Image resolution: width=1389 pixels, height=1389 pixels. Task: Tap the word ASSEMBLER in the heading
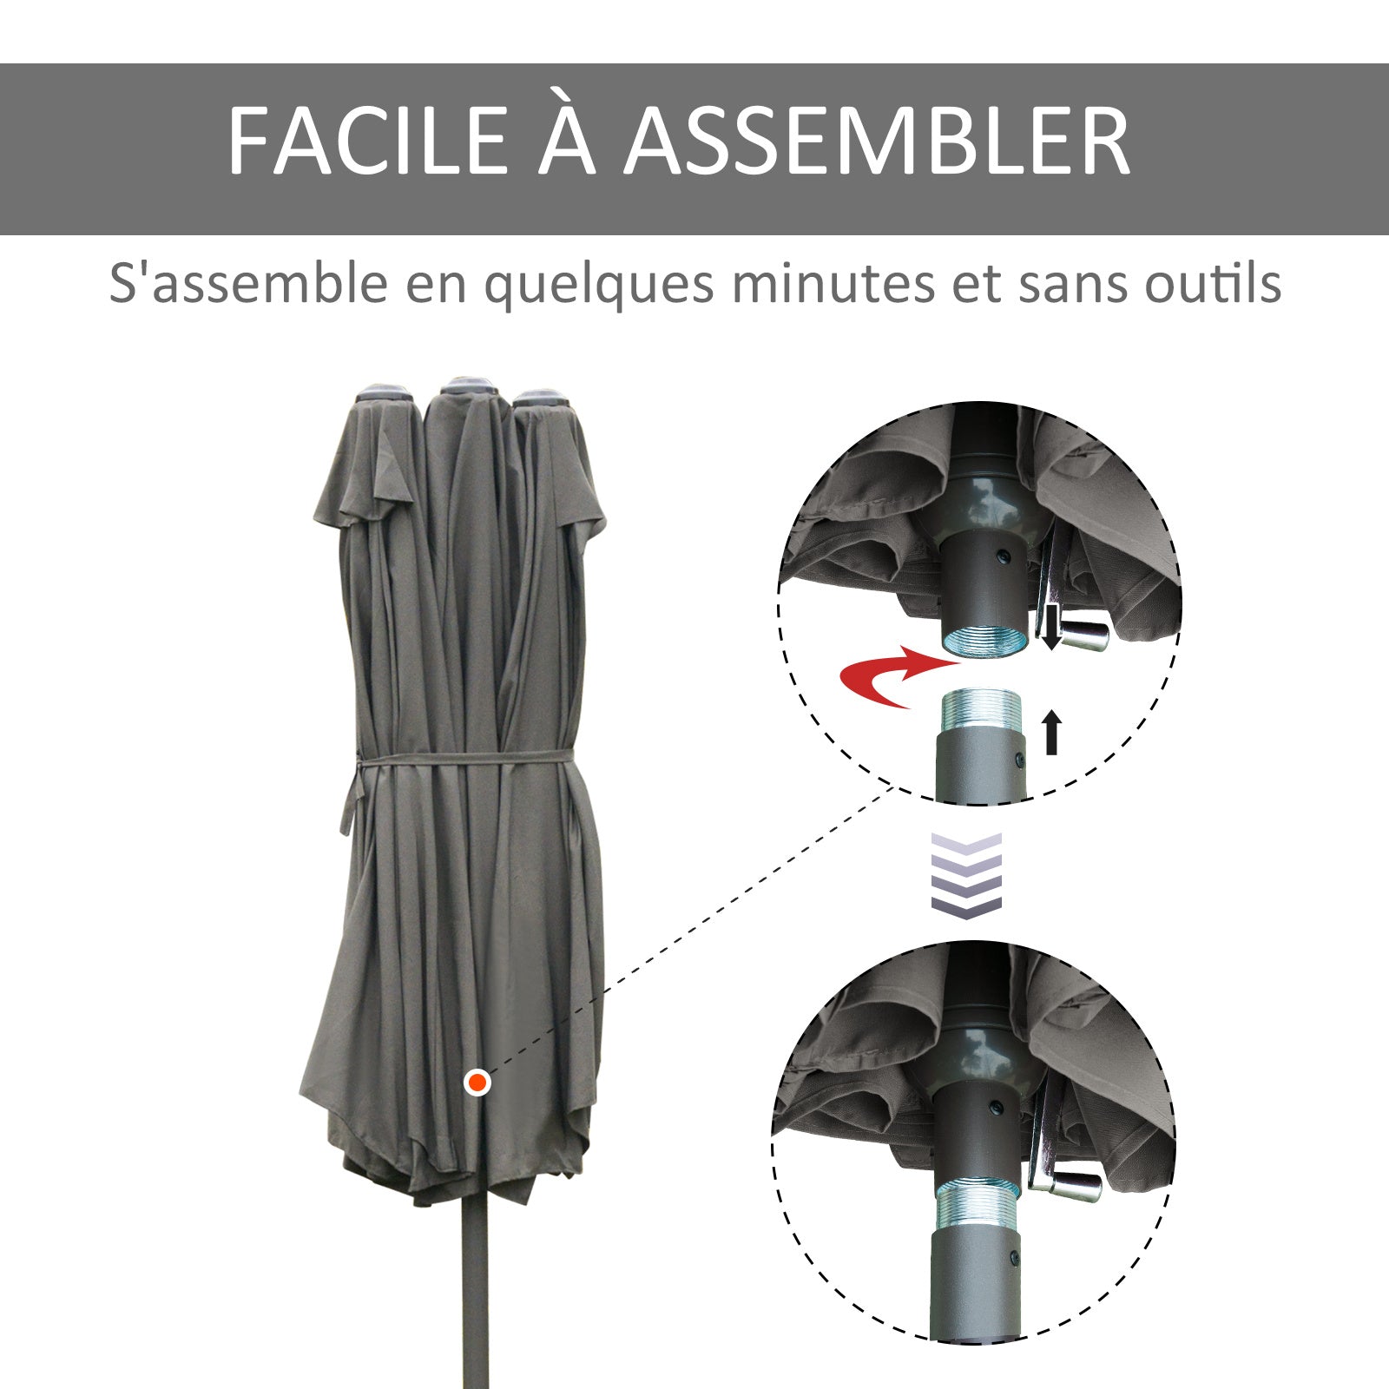tap(877, 142)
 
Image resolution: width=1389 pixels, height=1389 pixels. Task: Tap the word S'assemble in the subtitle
tap(248, 283)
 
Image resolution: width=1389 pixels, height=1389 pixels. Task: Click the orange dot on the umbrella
tap(477, 1083)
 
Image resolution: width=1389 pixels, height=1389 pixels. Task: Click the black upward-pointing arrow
tap(1052, 732)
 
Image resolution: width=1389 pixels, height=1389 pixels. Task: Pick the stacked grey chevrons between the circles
tap(966, 872)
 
